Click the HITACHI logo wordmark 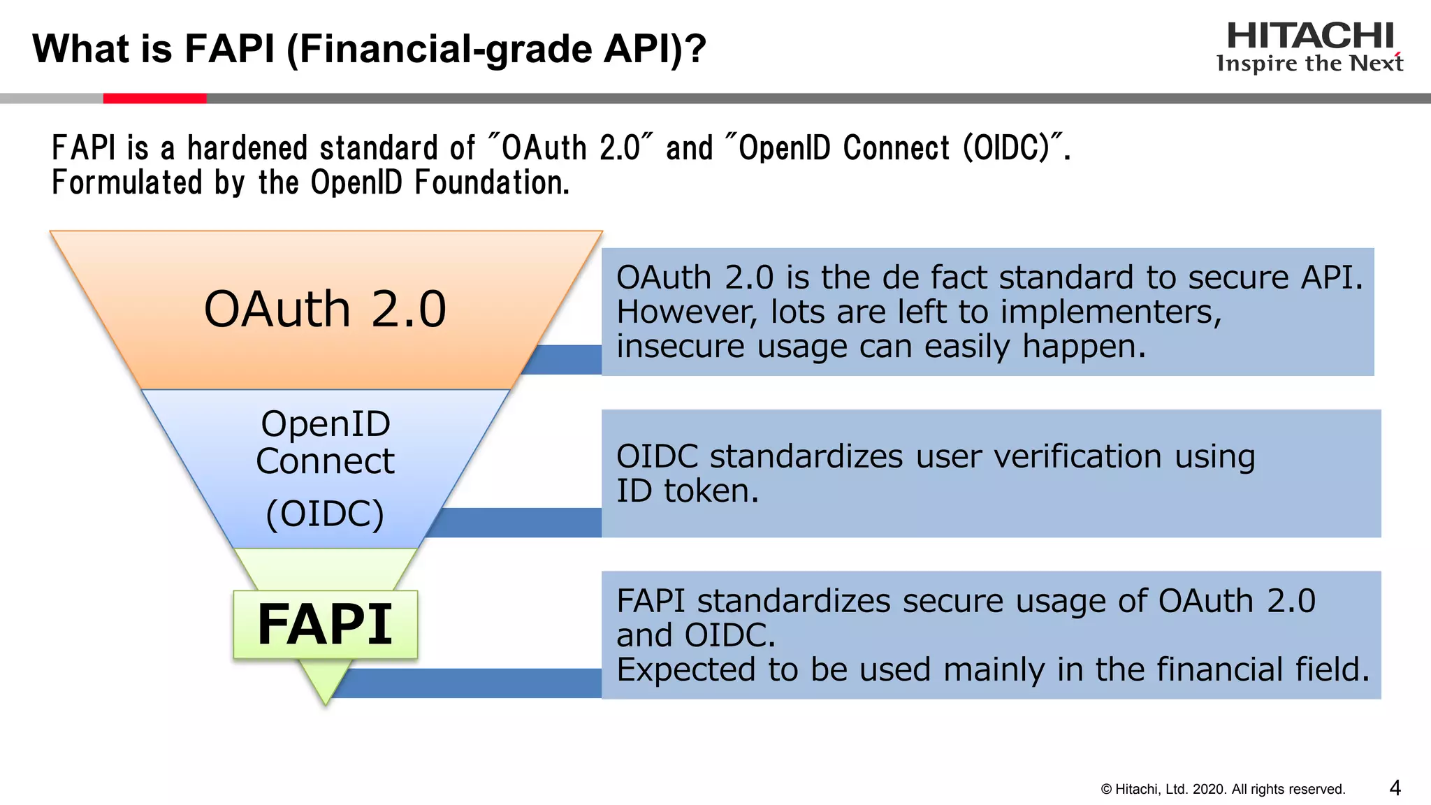click(x=1309, y=36)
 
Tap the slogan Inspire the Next click(x=1309, y=64)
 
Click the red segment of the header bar click(x=154, y=99)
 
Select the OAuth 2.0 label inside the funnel click(x=325, y=310)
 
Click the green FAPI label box click(x=325, y=624)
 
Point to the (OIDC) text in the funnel click(x=325, y=514)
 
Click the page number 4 click(x=1395, y=788)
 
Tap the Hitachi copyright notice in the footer click(x=1223, y=790)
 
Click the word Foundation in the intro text click(x=492, y=183)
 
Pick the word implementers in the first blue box click(x=1111, y=312)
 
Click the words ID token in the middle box click(x=687, y=491)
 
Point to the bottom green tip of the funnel click(x=325, y=688)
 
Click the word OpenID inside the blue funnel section click(x=325, y=424)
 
